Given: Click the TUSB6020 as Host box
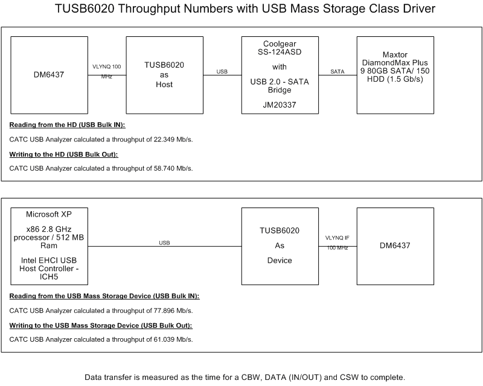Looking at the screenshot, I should coord(164,75).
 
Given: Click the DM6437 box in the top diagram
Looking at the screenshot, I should coord(49,75).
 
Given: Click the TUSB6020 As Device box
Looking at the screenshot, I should coord(279,246).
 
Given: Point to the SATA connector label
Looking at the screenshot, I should coord(337,71).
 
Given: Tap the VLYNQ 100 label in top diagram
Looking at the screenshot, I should coord(107,65).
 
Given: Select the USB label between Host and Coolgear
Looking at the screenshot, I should coord(222,71).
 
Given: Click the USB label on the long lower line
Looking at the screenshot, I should coord(164,243).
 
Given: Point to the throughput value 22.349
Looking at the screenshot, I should coord(163,140).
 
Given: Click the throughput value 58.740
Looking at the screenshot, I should coord(163,168).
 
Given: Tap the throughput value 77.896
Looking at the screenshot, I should coord(163,311).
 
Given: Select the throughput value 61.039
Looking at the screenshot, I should coord(163,339).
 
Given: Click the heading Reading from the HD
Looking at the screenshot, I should coord(71,125).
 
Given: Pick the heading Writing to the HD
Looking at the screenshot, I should coord(63,154).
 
